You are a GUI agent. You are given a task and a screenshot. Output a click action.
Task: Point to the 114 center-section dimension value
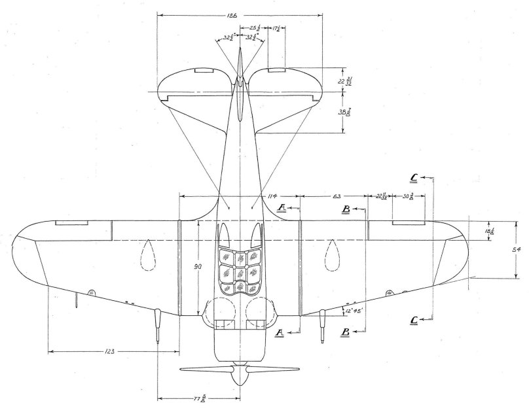pyautogui.click(x=274, y=196)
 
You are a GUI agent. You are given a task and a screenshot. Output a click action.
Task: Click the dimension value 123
pyautogui.click(x=109, y=352)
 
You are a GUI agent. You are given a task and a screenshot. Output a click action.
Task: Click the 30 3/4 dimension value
pyautogui.click(x=408, y=196)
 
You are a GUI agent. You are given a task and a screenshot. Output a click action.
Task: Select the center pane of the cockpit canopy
pyautogui.click(x=241, y=271)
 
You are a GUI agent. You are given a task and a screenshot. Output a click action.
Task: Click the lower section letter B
pyautogui.click(x=344, y=331)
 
